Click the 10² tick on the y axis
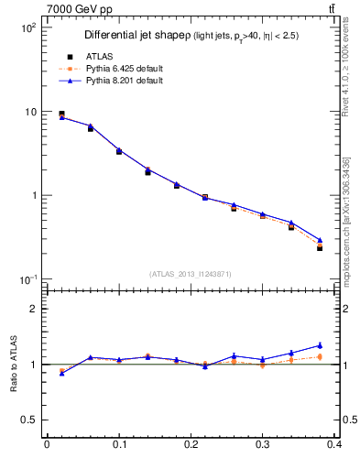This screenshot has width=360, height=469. point(28,27)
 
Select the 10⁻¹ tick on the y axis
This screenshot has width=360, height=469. point(28,279)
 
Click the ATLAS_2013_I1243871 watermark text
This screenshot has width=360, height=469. point(191,274)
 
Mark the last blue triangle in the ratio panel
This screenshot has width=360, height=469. point(320,345)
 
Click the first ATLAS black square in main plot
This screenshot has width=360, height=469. point(61,114)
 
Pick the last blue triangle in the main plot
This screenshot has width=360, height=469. point(320,240)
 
